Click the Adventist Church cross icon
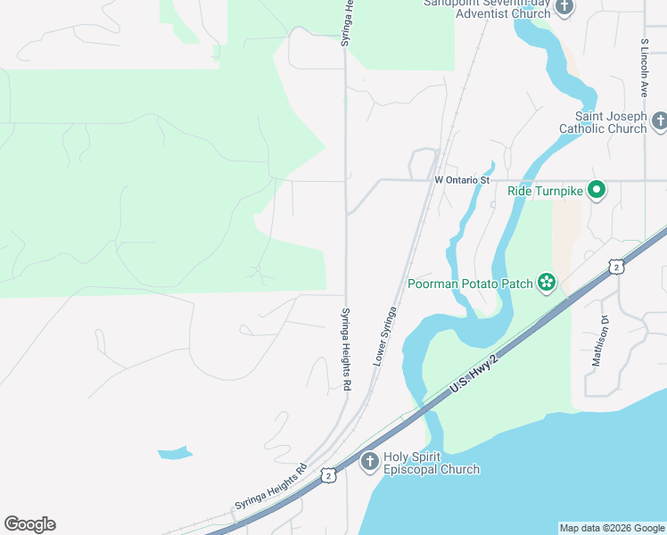pyautogui.click(x=564, y=7)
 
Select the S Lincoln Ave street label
pyautogui.click(x=643, y=68)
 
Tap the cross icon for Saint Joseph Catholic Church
pyautogui.click(x=659, y=120)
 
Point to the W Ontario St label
pyautogui.click(x=463, y=180)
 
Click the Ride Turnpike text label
pyautogui.click(x=545, y=191)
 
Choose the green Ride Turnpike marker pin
pyautogui.click(x=597, y=190)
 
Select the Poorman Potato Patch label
pyautogui.click(x=469, y=284)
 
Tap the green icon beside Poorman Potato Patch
pyautogui.click(x=546, y=284)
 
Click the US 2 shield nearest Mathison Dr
pyautogui.click(x=615, y=267)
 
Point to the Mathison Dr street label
pyautogui.click(x=599, y=342)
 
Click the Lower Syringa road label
pyautogui.click(x=384, y=335)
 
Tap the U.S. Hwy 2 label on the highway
pyautogui.click(x=472, y=374)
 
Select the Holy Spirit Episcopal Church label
pyautogui.click(x=432, y=463)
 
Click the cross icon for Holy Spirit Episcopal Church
pyautogui.click(x=369, y=462)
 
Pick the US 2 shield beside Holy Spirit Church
pyautogui.click(x=329, y=476)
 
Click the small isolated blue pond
pyautogui.click(x=175, y=453)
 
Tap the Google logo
pyautogui.click(x=29, y=524)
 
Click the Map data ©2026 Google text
pyautogui.click(x=611, y=528)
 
